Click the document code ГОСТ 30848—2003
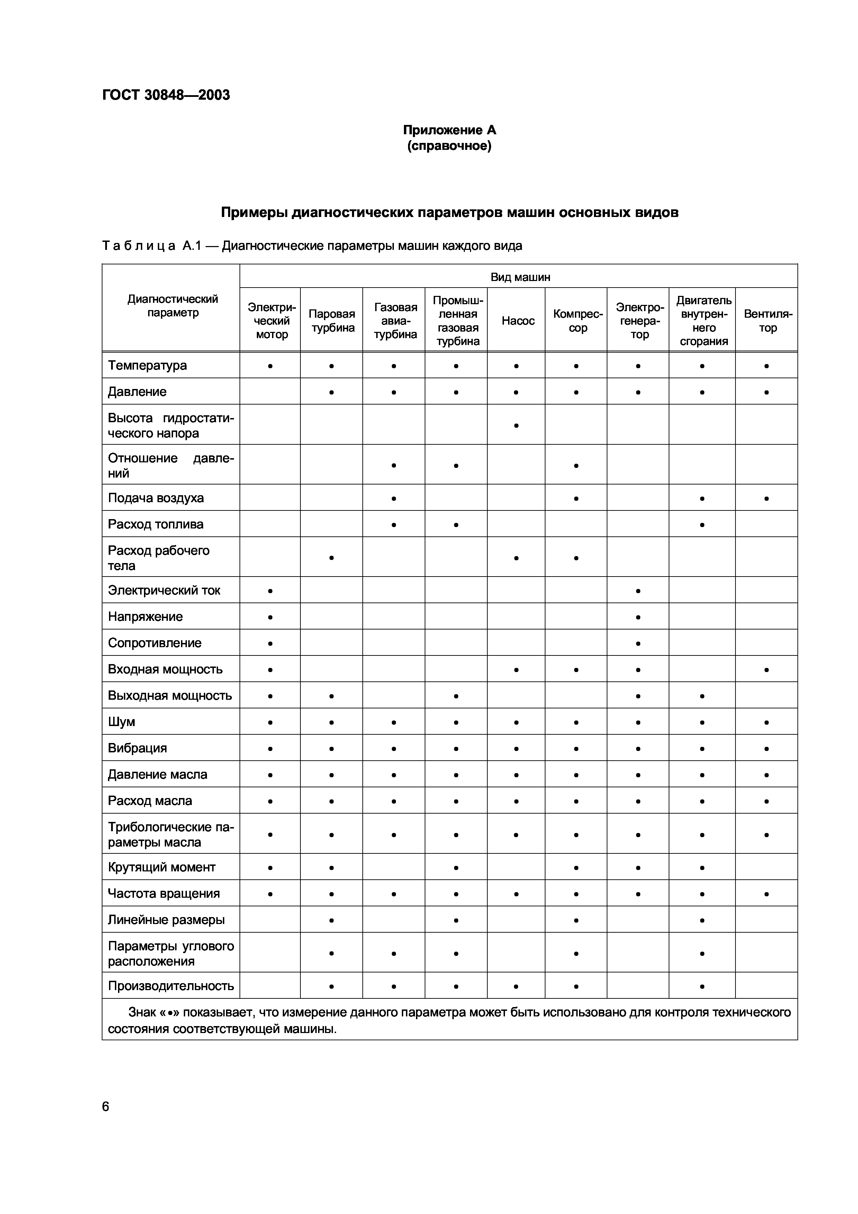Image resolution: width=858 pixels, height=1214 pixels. pos(166,95)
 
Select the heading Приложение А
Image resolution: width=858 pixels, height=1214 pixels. pos(449,130)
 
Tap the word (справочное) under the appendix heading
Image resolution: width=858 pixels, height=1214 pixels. pos(449,146)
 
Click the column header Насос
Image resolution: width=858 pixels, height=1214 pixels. pos(518,321)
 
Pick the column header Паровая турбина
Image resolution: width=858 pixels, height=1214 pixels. pos(332,321)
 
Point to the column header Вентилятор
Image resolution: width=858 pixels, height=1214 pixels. pos(768,321)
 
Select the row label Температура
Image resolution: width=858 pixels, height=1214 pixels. pos(147,366)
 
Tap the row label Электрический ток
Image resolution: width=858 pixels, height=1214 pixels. pos(164,591)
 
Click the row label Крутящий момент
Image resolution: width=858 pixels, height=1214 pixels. pos(162,867)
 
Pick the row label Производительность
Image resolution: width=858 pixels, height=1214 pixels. pos(171,986)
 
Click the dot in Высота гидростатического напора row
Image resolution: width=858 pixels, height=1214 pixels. pos(516,425)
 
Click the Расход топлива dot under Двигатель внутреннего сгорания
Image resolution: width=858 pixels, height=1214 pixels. pos(702,525)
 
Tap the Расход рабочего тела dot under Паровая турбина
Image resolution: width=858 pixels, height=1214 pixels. pos(332,558)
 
